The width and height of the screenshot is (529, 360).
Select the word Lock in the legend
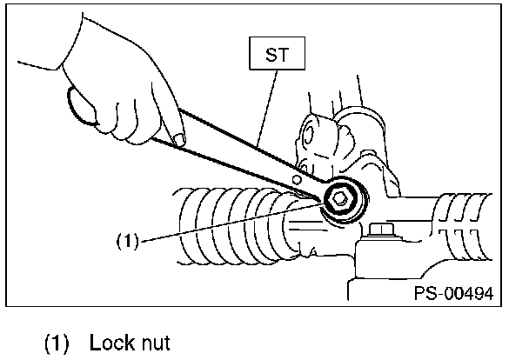[109, 342]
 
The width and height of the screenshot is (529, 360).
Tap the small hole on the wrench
[298, 179]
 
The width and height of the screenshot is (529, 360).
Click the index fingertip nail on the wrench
[179, 137]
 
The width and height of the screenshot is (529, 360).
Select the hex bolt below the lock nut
[380, 233]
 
